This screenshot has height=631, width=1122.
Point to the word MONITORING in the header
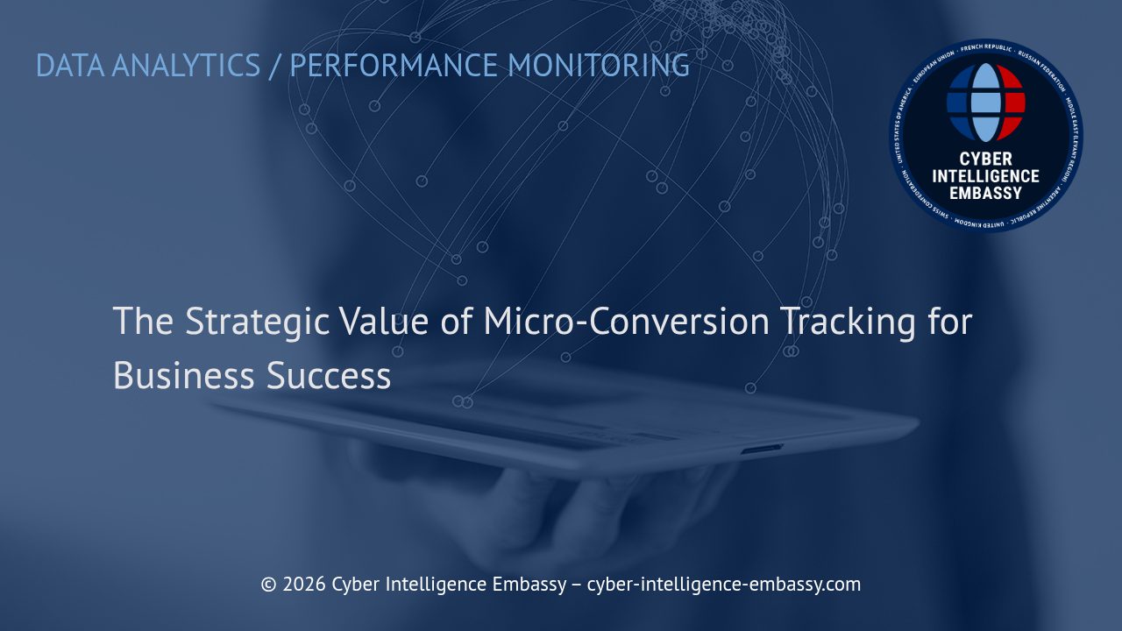pos(599,66)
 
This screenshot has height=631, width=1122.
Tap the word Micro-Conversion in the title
pos(626,322)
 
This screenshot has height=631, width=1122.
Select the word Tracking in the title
pos(847,323)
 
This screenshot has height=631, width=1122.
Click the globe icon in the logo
pos(986,103)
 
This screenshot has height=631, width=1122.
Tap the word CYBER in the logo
pos(986,160)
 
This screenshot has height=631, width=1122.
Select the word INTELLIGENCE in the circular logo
pos(986,176)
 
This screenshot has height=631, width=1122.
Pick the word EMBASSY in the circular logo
pos(986,193)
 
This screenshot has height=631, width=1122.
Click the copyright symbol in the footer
pos(268,585)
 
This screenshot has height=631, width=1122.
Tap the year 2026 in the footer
pos(304,585)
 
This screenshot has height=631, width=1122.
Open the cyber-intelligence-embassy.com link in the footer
pos(723,585)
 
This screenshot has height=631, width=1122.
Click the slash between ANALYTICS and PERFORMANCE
pos(275,66)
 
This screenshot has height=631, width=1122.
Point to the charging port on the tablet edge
pos(762,450)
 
